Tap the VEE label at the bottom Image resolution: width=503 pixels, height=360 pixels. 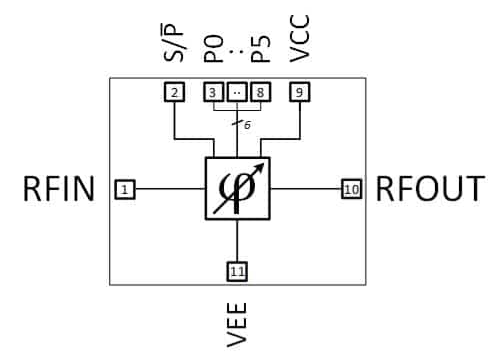coord(237,323)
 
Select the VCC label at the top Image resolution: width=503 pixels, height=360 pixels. coord(299,39)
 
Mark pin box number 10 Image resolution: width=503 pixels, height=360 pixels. coord(351,188)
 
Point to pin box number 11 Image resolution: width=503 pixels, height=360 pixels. coord(237,270)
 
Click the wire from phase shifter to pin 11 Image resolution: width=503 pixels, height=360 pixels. coord(237,240)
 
